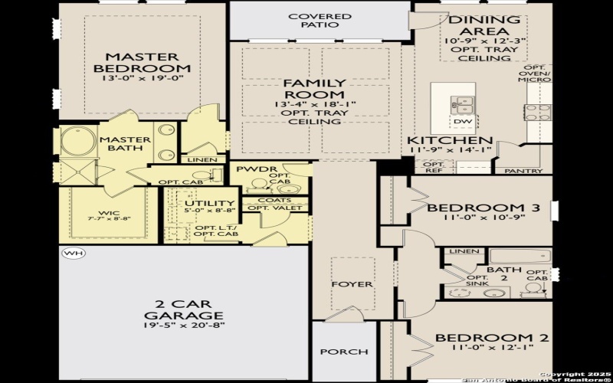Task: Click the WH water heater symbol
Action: pyautogui.click(x=73, y=253)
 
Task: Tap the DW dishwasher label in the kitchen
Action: pyautogui.click(x=462, y=121)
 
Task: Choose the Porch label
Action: pyautogui.click(x=344, y=352)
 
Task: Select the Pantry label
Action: pyautogui.click(x=526, y=171)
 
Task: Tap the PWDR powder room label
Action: pyautogui.click(x=251, y=169)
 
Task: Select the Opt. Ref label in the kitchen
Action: pyautogui.click(x=434, y=168)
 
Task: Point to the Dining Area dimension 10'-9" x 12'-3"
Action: pyautogui.click(x=484, y=38)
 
